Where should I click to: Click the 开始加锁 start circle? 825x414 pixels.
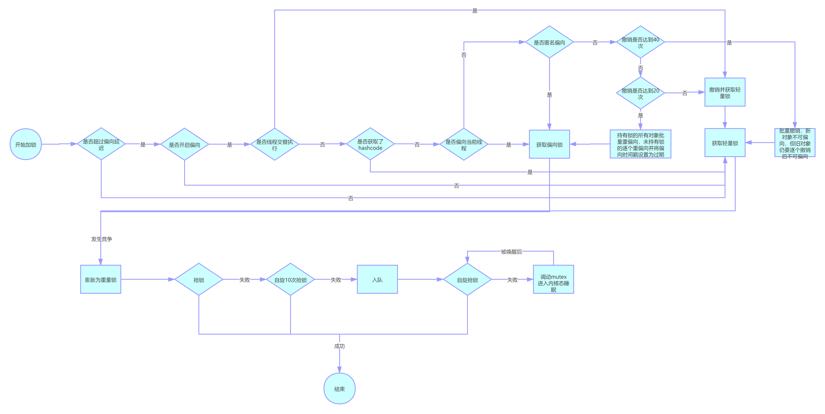click(x=26, y=144)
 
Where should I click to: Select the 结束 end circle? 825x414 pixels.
click(x=339, y=389)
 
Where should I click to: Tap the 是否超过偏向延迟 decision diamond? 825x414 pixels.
click(x=101, y=144)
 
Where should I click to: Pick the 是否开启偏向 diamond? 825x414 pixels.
click(x=184, y=144)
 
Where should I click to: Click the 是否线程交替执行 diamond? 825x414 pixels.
click(x=274, y=144)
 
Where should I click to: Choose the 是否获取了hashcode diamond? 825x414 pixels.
click(x=370, y=144)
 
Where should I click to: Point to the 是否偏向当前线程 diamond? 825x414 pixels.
click(x=464, y=144)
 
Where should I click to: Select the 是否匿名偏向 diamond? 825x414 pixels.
click(x=550, y=42)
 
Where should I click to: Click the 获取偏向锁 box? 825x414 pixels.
click(x=550, y=144)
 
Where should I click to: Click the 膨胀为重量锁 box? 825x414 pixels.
click(x=101, y=279)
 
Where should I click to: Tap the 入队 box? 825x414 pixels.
click(x=377, y=279)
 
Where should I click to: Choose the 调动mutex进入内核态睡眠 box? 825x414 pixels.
click(x=553, y=279)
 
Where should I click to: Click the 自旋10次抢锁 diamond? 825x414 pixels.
click(x=291, y=279)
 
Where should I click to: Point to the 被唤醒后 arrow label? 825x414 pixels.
click(x=512, y=252)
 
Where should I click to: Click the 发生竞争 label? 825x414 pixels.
click(x=102, y=239)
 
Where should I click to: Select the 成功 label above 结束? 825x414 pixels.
click(x=339, y=346)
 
